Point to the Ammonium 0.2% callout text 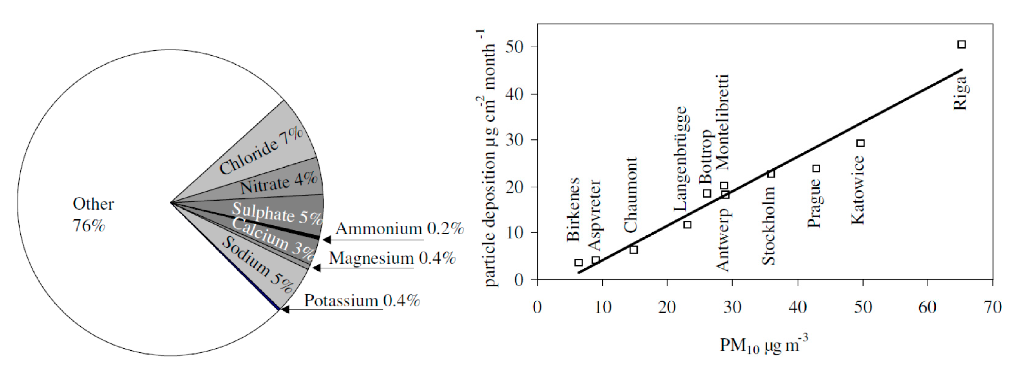click(x=399, y=229)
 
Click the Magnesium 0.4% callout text click(x=392, y=258)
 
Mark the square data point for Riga click(x=961, y=44)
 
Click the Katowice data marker click(x=860, y=143)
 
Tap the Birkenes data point click(x=578, y=262)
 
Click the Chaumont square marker click(x=633, y=249)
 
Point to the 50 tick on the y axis click(x=514, y=47)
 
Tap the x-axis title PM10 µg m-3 click(x=763, y=345)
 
